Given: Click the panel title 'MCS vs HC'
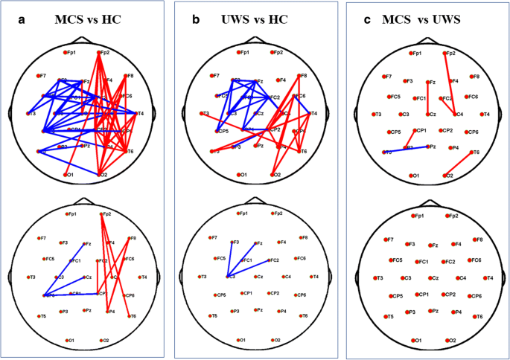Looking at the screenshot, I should (87, 19).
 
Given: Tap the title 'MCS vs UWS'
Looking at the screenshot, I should (429, 19).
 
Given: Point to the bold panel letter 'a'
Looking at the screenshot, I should (22, 19).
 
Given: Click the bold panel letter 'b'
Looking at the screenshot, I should (194, 19).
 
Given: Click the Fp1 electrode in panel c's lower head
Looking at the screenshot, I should (410, 216).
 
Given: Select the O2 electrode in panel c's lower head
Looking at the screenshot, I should (445, 340).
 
